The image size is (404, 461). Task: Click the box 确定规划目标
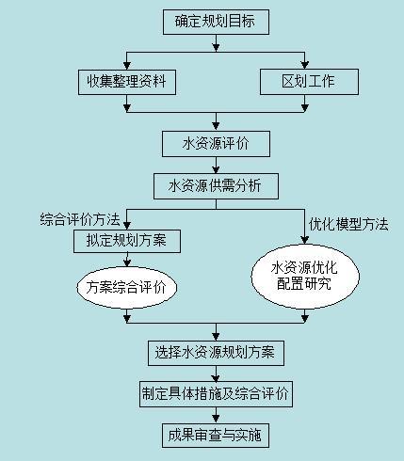click(x=216, y=20)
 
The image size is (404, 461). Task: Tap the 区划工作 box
click(x=310, y=82)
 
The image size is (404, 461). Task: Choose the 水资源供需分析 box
click(x=216, y=185)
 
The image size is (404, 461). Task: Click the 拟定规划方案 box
click(x=127, y=241)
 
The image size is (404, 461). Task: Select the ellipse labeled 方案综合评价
click(x=126, y=288)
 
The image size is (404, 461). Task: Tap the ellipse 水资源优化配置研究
click(x=304, y=276)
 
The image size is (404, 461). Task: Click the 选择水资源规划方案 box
click(x=216, y=353)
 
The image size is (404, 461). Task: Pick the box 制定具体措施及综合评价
click(x=216, y=393)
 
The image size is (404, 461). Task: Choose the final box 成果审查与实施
click(x=216, y=435)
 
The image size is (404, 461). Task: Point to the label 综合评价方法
click(x=80, y=220)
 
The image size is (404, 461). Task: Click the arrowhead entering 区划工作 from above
click(x=306, y=65)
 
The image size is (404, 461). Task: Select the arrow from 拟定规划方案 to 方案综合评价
click(x=127, y=261)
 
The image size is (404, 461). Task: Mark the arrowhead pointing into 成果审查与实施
click(x=216, y=418)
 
